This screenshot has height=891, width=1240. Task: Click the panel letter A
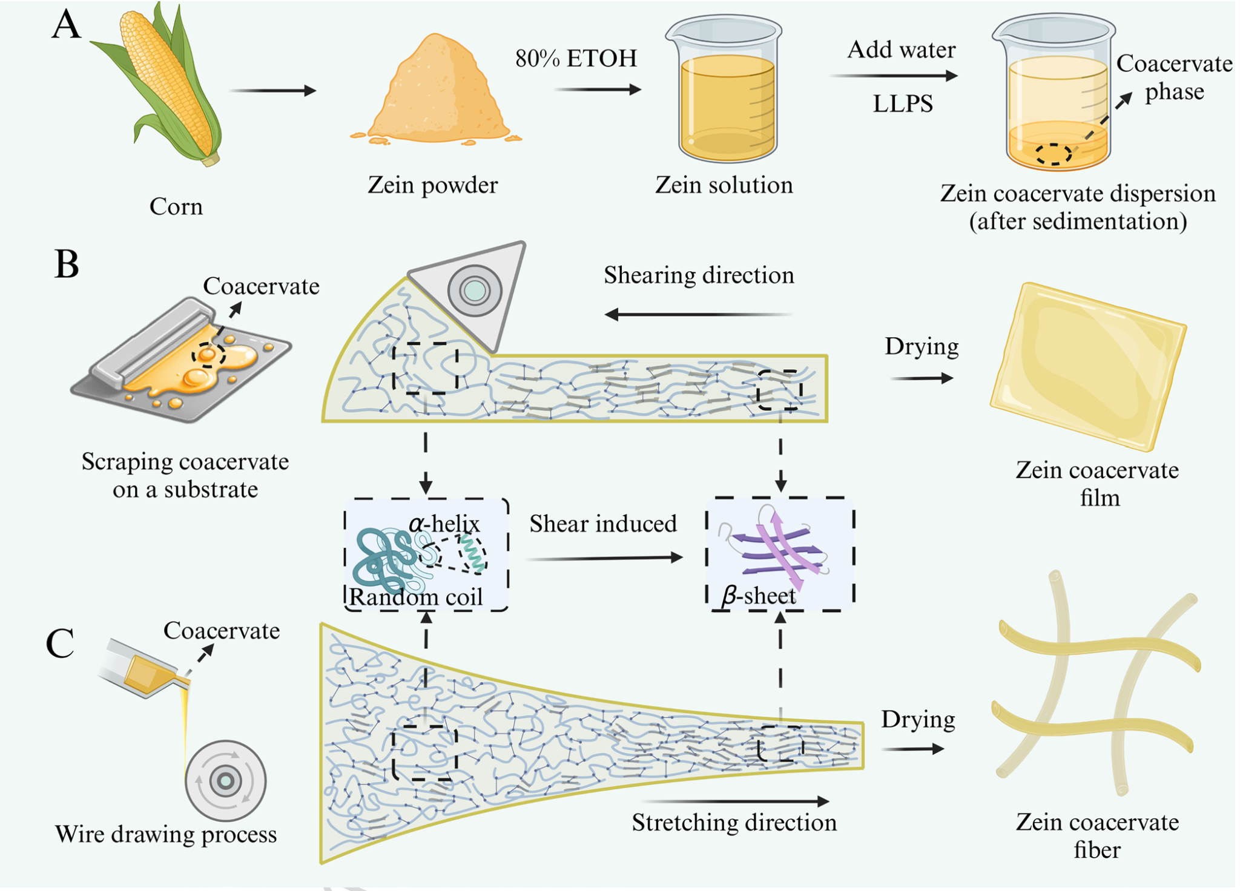point(66,26)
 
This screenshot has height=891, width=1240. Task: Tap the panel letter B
point(67,265)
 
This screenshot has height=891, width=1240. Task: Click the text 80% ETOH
point(576,59)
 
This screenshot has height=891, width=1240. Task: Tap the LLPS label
point(902,104)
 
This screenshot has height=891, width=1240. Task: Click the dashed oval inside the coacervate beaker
point(1054,154)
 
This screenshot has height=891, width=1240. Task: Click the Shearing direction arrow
point(699,314)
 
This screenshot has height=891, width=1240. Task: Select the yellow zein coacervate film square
point(1089,366)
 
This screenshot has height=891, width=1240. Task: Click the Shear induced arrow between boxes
point(604,557)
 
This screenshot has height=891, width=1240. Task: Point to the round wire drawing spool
point(225,781)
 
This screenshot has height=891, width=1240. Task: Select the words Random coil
point(416,597)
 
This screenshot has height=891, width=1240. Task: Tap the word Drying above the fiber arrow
point(918,720)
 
